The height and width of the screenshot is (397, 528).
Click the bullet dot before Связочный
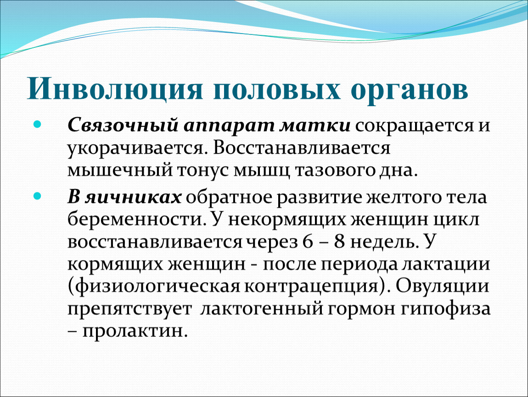tap(37, 125)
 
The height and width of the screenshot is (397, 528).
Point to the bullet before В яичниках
tap(37, 196)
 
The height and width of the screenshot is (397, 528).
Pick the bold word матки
tap(315, 125)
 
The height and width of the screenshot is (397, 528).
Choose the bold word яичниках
tap(133, 197)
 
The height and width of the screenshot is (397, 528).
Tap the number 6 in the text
tap(308, 242)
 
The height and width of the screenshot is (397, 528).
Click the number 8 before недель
tap(340, 242)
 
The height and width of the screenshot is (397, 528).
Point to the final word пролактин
tap(135, 331)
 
